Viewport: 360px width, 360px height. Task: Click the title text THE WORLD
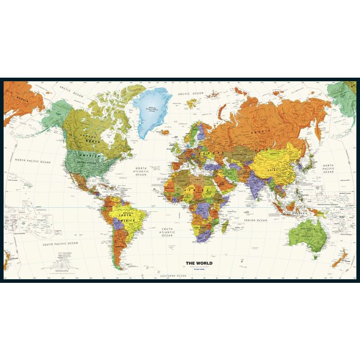[x=199, y=263]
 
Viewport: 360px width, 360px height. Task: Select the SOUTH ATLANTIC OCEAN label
[x=167, y=231]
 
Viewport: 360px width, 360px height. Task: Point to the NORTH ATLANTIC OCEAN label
[x=141, y=171]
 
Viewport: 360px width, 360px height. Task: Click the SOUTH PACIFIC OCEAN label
[x=61, y=243]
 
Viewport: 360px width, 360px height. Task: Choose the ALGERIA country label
[x=181, y=182]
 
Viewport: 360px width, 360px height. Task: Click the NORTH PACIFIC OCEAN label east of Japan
[x=328, y=170]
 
